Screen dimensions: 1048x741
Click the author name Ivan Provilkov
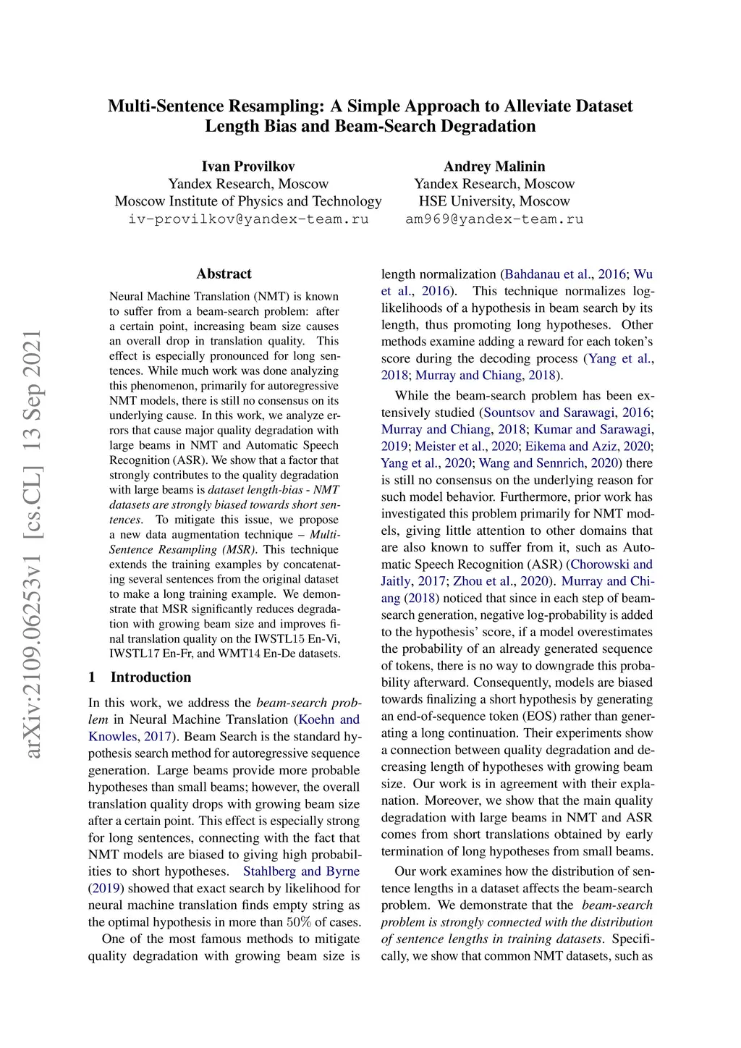[247, 166]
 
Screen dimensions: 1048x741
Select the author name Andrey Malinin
[494, 166]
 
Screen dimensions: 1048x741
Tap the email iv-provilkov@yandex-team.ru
[247, 219]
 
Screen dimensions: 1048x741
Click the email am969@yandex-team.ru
[494, 219]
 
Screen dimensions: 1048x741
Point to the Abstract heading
[224, 274]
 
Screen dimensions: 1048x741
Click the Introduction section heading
[151, 677]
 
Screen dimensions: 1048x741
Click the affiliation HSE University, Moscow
[494, 201]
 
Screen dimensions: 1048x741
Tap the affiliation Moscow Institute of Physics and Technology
[247, 201]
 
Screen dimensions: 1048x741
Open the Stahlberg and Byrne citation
[301, 871]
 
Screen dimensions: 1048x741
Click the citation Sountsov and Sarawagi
[551, 413]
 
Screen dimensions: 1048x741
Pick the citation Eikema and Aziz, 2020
[588, 447]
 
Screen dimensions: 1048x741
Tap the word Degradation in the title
[488, 126]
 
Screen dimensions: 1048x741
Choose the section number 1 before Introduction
[92, 677]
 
